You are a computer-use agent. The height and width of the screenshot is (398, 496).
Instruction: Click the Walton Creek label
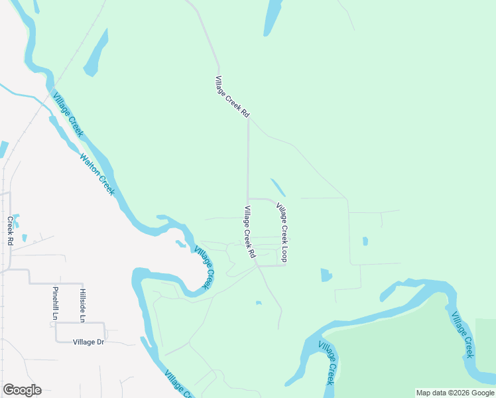click(97, 174)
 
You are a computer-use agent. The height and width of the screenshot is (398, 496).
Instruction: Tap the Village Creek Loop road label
click(282, 232)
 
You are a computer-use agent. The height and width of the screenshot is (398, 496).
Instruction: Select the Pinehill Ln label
click(55, 303)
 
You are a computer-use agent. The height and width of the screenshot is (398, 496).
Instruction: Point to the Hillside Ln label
click(82, 305)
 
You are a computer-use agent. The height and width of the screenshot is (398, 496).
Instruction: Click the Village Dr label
click(88, 342)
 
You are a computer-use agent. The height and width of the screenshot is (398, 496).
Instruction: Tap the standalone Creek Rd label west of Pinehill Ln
click(10, 231)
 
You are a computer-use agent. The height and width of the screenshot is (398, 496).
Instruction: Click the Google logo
click(22, 390)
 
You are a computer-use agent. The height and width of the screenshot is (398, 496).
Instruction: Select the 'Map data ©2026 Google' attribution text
click(456, 393)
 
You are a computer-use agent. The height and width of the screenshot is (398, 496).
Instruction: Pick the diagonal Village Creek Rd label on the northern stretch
click(232, 98)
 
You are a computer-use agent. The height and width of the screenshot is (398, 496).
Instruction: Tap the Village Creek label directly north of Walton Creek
click(68, 113)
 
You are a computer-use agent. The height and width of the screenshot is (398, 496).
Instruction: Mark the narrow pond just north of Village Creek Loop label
click(279, 188)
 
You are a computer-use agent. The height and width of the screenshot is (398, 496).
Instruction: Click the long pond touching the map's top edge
click(272, 17)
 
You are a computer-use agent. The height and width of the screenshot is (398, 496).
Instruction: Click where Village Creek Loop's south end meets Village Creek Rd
click(258, 265)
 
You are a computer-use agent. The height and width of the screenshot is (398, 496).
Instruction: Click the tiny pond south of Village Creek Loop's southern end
click(259, 303)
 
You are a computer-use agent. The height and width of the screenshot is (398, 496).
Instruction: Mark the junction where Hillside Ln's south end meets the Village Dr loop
click(82, 322)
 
